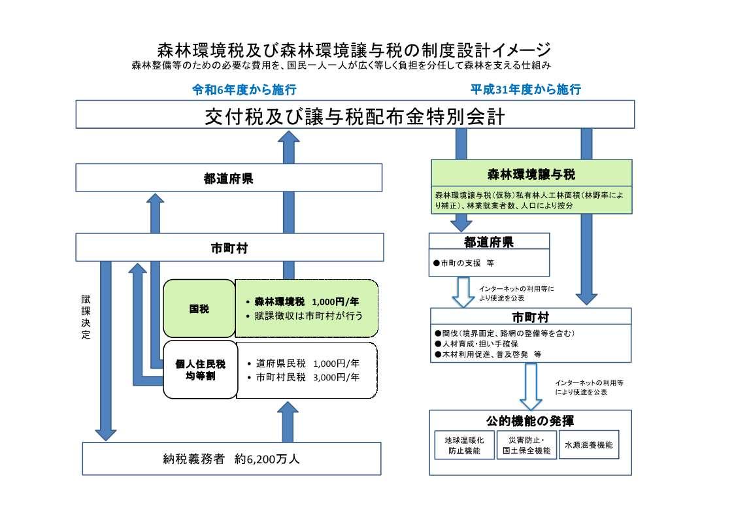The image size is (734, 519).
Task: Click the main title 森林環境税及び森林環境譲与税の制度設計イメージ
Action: pos(354,50)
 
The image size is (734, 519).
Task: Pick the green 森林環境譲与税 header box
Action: pos(531,175)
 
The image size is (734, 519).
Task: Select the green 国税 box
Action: pos(199,309)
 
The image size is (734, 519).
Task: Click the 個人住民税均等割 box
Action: pos(199,370)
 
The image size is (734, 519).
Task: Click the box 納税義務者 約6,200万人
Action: pos(231,459)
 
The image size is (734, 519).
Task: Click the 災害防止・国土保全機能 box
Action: pos(525,445)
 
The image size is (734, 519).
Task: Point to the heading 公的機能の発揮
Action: pos(530,420)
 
